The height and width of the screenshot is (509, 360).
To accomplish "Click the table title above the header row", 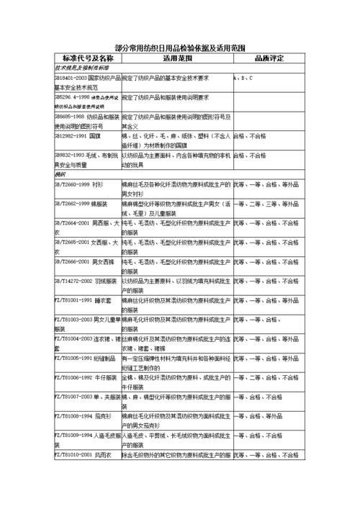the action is point(179,45).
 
